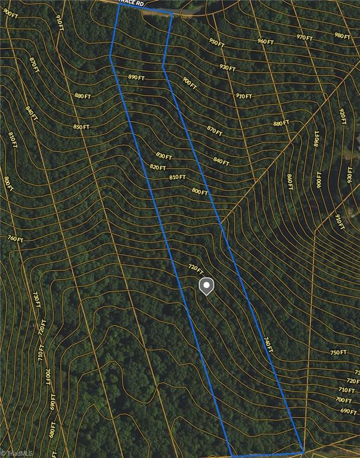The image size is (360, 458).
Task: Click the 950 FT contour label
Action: click(216, 43)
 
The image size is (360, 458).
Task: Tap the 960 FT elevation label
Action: click(265, 41)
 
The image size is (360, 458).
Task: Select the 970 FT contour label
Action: click(305, 38)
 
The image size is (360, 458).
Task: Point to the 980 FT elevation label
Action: click(342, 35)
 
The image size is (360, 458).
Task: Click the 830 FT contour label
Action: click(164, 156)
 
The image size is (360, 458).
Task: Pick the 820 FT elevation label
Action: click(158, 167)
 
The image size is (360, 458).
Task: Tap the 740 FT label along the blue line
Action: click(268, 344)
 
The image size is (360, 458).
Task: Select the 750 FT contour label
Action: click(338, 352)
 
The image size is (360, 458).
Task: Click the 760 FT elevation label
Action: click(15, 239)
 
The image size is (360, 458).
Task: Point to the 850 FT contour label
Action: click(81, 126)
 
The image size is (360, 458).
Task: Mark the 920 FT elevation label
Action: click(343, 117)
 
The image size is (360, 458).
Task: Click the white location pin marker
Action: click(206, 286)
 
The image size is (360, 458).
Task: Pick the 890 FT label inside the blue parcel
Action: click(136, 78)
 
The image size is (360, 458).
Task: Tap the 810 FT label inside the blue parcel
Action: click(177, 177)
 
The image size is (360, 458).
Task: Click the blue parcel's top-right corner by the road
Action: click(172, 14)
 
